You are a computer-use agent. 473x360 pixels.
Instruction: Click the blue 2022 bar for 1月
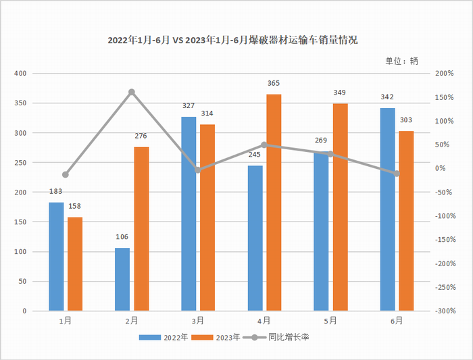coord(56,257)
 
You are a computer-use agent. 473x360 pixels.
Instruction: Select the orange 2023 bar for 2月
coord(141,229)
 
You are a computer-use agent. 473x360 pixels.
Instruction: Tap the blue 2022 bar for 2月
coord(122,280)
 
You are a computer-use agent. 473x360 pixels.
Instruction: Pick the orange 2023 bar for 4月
coord(274,203)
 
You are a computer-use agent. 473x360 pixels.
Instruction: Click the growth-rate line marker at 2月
coord(132,92)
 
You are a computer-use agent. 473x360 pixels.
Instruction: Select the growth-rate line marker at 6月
coord(397,174)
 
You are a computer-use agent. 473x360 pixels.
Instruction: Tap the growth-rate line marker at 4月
coord(264,145)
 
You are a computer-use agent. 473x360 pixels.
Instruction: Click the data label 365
coord(274,83)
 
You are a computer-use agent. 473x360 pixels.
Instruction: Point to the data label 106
coord(122,237)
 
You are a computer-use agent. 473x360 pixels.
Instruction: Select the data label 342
coord(387,97)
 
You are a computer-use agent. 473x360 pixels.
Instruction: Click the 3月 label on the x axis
coord(198,321)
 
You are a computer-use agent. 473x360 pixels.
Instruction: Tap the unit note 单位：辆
coord(405,61)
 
